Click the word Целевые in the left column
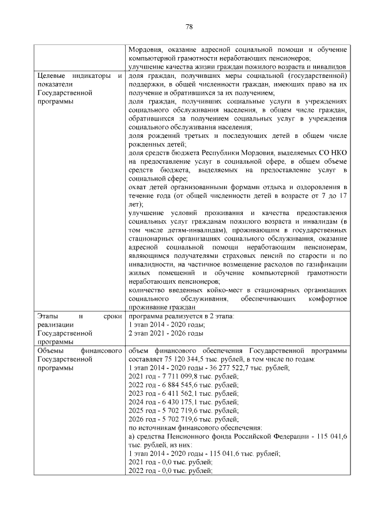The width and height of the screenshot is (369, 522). [x=51, y=76]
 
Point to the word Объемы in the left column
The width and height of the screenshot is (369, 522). [x=51, y=350]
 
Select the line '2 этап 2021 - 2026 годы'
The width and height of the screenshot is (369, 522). [x=165, y=333]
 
